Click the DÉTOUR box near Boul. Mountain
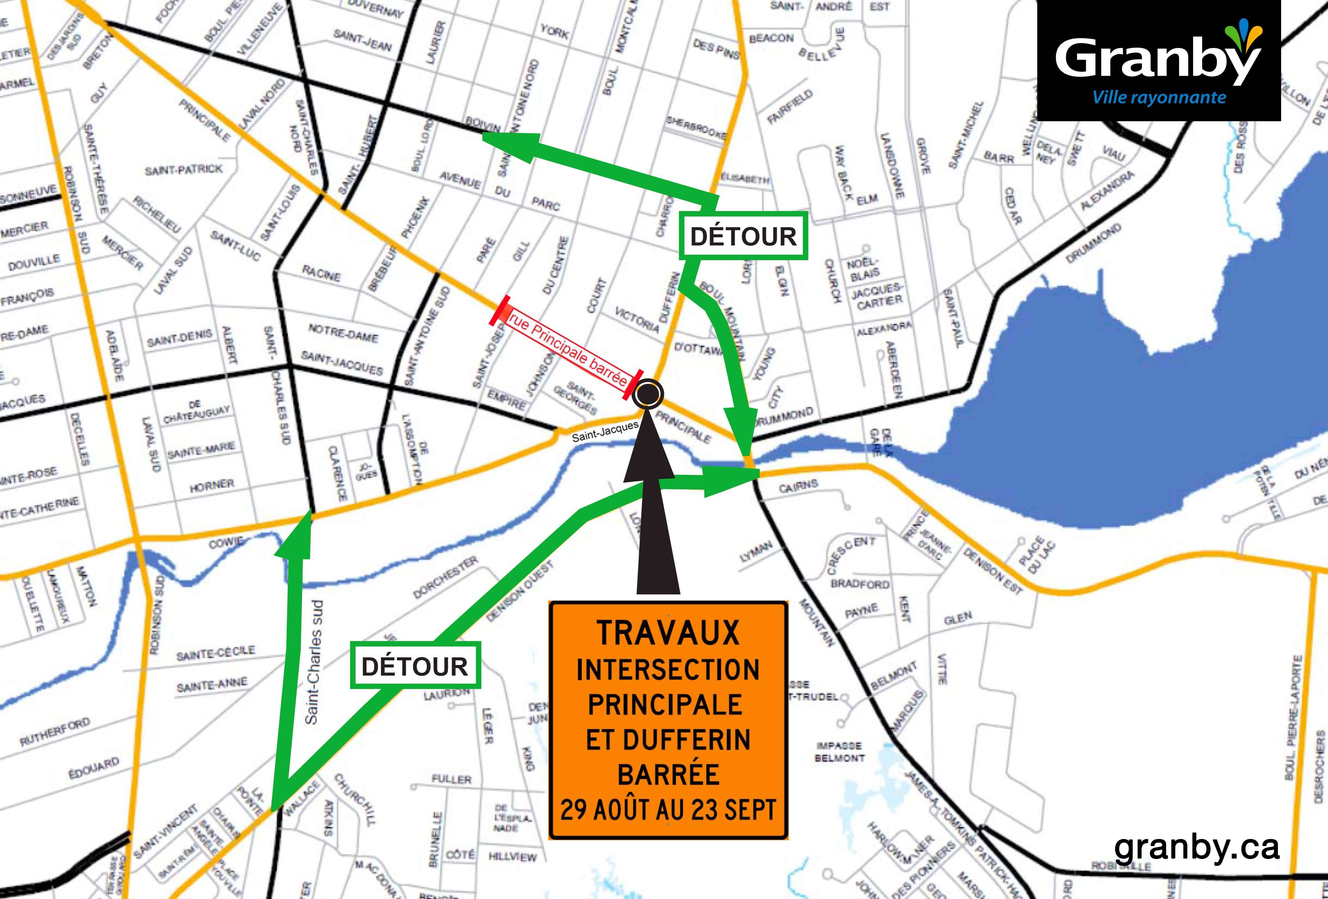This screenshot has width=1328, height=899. [x=743, y=236]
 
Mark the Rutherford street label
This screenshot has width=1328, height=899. [x=55, y=732]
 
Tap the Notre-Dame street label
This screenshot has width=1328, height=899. [x=343, y=333]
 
